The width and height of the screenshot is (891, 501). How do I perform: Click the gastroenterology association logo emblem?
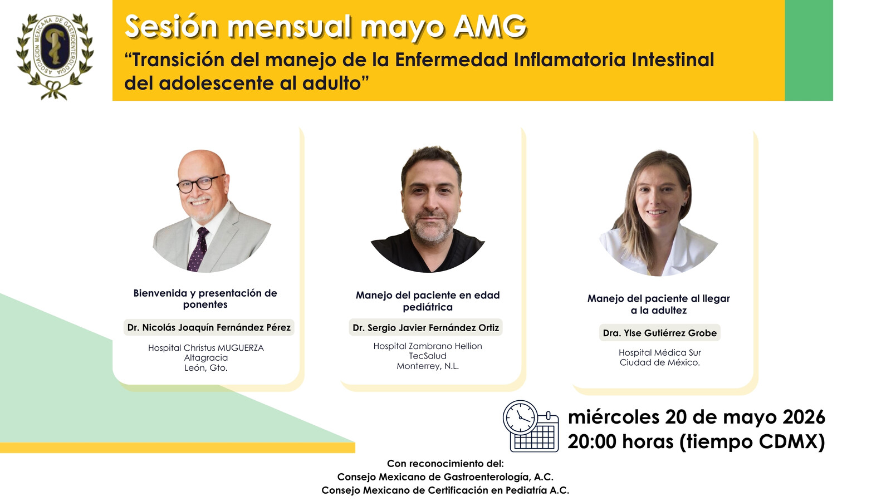pos(55,56)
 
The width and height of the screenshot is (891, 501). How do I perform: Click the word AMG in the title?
pos(490,27)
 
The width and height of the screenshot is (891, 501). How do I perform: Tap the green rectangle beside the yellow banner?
pos(809,50)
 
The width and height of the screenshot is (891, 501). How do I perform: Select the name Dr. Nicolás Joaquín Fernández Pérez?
pos(209,328)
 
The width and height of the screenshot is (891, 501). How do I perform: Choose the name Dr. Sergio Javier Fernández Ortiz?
pos(425,328)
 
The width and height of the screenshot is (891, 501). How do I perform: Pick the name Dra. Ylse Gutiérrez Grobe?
pos(659,333)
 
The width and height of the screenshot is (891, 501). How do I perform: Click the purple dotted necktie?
pos(198,249)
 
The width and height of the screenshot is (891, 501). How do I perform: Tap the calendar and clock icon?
pos(531,426)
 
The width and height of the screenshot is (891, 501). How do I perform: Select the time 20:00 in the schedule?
pos(593,441)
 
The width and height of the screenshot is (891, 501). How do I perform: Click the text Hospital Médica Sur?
pos(659,352)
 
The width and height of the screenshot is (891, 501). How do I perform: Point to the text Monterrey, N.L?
pos(428,366)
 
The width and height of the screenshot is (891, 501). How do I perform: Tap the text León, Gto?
pos(205,368)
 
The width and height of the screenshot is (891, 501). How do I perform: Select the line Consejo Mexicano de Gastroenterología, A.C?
pos(445,477)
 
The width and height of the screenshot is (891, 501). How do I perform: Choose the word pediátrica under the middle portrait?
pos(428,307)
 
